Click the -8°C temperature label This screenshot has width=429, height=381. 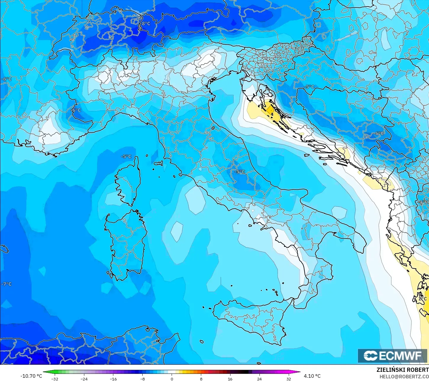tap(145, 24)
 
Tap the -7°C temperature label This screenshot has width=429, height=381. tap(7, 284)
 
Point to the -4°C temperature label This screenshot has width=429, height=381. tap(423, 202)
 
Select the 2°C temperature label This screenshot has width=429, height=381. tap(423, 299)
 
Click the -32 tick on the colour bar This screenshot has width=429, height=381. tap(55, 379)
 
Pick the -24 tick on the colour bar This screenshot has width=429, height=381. tap(84, 379)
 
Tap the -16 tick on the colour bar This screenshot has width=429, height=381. tap(113, 379)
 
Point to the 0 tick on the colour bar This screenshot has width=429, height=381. tap(172, 379)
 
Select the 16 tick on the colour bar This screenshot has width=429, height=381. tap(230, 379)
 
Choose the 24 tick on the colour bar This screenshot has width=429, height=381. tap(259, 379)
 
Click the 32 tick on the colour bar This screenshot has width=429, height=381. tap(289, 379)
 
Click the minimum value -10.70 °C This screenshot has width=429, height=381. tap(31, 376)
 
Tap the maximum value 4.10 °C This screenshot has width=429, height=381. tap(312, 376)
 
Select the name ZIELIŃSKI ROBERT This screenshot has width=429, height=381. tap(402, 370)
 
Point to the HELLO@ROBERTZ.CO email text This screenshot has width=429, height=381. tap(404, 377)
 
